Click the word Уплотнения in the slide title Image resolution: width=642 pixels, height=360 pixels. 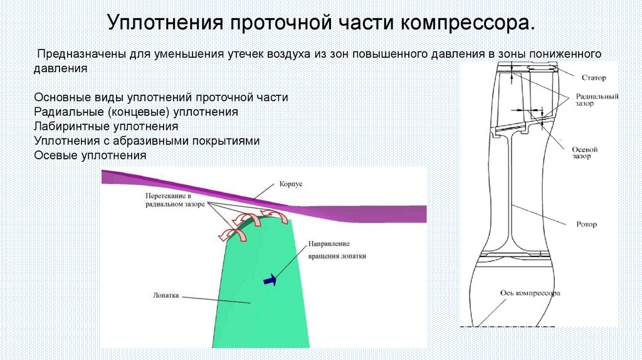[x=164, y=24]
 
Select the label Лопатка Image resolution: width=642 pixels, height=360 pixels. [x=166, y=293]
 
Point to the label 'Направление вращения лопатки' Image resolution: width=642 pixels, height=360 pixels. [x=337, y=250]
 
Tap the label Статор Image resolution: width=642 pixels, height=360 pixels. [x=592, y=77]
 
